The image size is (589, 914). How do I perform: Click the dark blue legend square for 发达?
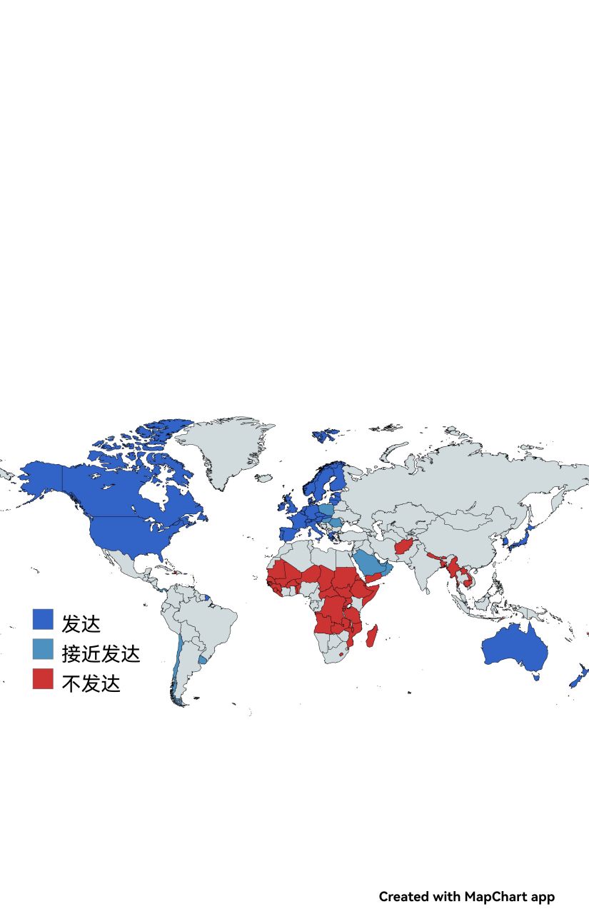[x=43, y=619]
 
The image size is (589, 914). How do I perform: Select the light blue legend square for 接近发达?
[x=43, y=649]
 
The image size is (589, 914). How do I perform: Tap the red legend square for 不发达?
[x=43, y=678]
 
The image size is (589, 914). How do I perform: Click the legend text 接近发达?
[x=101, y=653]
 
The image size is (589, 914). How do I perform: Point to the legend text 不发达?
[x=91, y=683]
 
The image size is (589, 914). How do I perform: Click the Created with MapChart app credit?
[x=466, y=896]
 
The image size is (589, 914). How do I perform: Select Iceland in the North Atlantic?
[x=263, y=478]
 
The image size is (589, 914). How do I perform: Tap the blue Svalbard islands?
[x=325, y=433]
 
